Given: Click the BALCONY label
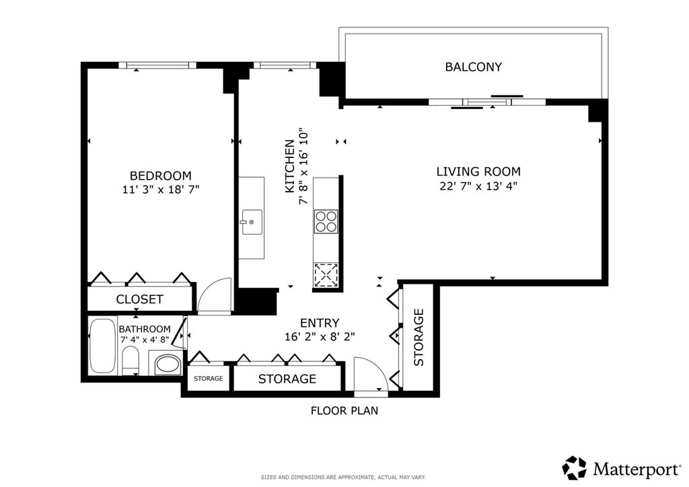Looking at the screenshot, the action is (x=473, y=67).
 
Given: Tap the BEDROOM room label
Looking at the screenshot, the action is (x=160, y=176).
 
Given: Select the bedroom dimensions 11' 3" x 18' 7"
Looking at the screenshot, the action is (x=161, y=190).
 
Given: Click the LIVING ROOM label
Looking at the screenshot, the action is (x=478, y=172).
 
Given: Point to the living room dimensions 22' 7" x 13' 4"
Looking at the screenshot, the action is (x=478, y=186).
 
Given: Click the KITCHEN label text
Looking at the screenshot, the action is (x=289, y=166).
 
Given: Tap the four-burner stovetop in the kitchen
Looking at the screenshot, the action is (x=326, y=221).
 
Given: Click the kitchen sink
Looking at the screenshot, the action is (x=252, y=222).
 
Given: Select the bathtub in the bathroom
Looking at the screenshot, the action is (x=103, y=346).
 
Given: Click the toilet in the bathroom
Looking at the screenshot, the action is (x=130, y=361).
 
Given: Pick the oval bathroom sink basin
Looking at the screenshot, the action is (x=168, y=365).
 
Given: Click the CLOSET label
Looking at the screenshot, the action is (x=139, y=299).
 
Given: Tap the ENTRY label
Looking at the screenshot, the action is (x=320, y=323).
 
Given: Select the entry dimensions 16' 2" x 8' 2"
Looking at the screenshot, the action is (x=320, y=337).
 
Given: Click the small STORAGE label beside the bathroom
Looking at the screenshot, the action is (x=209, y=378).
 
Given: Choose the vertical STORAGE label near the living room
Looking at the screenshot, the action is (x=419, y=337).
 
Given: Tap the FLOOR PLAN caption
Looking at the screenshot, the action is (x=344, y=410).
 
